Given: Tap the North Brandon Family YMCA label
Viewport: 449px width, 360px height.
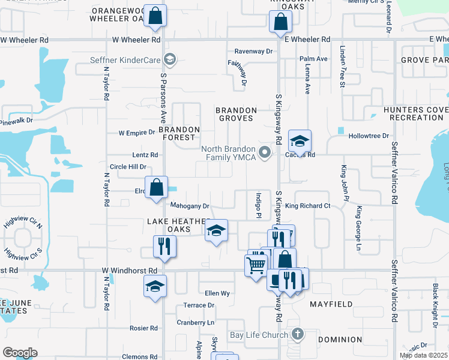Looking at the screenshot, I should point(229,153).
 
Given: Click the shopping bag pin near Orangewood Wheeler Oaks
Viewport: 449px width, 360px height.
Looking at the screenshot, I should point(155,17).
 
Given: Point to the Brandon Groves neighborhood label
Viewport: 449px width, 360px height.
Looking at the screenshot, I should point(237,115).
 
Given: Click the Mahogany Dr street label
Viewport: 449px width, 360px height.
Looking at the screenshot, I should point(190,206).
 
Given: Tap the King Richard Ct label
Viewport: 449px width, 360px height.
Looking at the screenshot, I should point(307,206).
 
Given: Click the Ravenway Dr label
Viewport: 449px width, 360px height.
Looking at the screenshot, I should point(253,52).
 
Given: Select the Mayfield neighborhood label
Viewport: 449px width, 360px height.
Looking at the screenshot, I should point(331,304).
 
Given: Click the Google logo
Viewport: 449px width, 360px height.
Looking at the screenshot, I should point(20,352).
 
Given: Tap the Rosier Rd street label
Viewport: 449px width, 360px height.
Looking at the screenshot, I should point(143,328).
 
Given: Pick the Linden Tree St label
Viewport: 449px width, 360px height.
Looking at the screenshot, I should point(342,66).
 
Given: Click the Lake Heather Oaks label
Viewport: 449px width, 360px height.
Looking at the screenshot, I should point(177,225).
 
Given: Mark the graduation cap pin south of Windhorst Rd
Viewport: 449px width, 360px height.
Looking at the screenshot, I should point(155,286).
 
